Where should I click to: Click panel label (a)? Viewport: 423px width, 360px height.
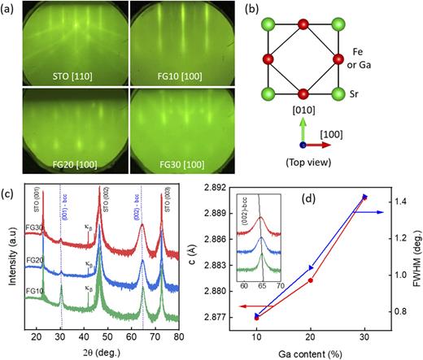[11, 8]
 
